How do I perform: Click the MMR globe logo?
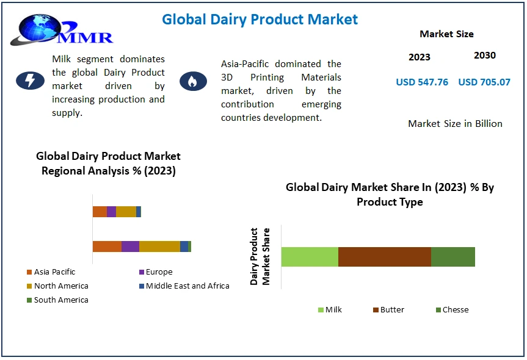click(62, 31)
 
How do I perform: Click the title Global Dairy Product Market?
click(260, 20)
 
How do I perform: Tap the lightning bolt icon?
click(31, 81)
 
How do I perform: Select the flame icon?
click(193, 81)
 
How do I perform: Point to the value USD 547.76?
click(422, 82)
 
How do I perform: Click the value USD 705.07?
click(484, 82)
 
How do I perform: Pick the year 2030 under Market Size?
click(485, 55)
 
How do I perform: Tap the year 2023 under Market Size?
click(420, 57)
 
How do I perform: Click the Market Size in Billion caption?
click(455, 124)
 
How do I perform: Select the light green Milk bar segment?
click(310, 257)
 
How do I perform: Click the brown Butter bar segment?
click(385, 257)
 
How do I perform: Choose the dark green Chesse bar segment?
click(453, 257)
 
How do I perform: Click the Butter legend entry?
click(388, 309)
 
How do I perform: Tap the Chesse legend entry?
click(452, 309)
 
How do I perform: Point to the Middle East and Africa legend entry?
click(184, 286)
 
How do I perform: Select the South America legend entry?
click(57, 300)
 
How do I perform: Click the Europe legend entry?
click(156, 272)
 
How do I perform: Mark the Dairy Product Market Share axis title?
click(260, 256)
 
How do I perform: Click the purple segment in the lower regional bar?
click(131, 247)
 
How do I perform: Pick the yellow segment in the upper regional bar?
click(126, 212)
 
